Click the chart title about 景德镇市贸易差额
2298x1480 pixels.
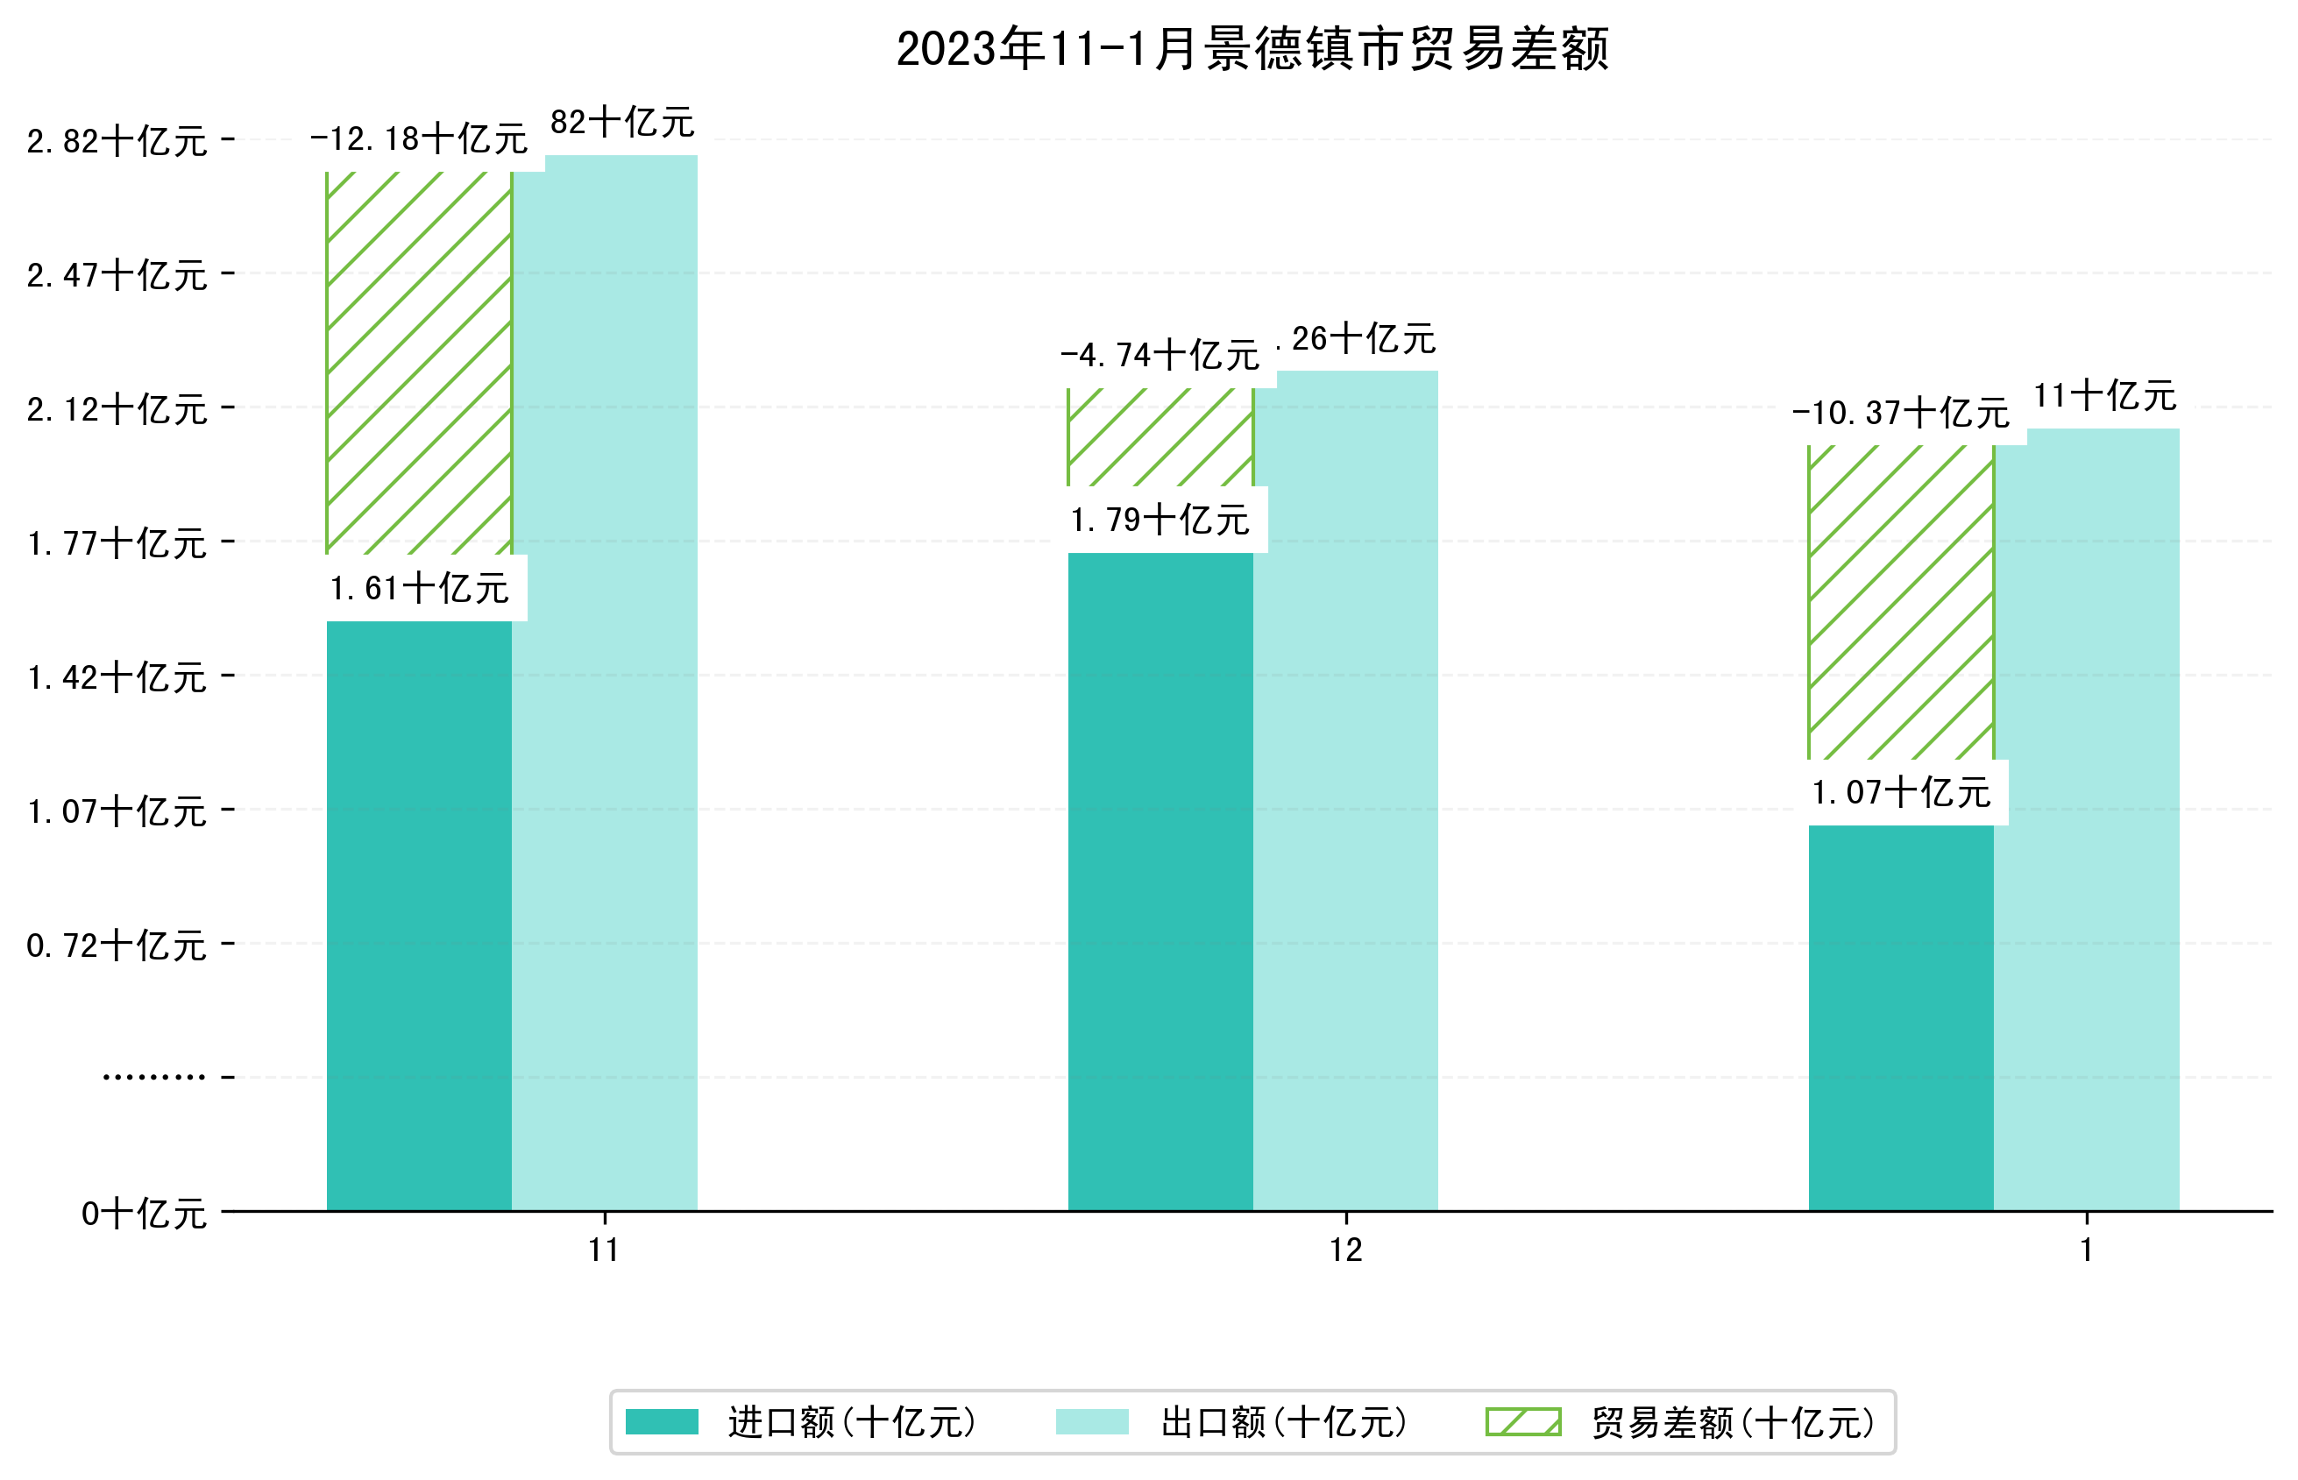pyautogui.click(x=1252, y=49)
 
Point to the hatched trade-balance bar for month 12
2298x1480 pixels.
pyautogui.click(x=1160, y=436)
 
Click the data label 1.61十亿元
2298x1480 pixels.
pyautogui.click(x=419, y=588)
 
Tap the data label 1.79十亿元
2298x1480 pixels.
pyautogui.click(x=1160, y=520)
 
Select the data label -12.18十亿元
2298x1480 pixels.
pyautogui.click(x=419, y=139)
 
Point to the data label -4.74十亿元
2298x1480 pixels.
pyautogui.click(x=1160, y=356)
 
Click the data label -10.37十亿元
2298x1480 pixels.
pyautogui.click(x=1900, y=414)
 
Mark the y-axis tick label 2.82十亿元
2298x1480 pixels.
pyautogui.click(x=117, y=141)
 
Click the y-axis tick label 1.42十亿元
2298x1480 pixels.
pyautogui.click(x=117, y=677)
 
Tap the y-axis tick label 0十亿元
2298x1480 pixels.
pyautogui.click(x=143, y=1214)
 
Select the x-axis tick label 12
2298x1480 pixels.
pyautogui.click(x=1345, y=1250)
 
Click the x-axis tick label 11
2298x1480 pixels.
pyautogui.click(x=604, y=1250)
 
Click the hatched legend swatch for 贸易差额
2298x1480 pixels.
pyautogui.click(x=1522, y=1421)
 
